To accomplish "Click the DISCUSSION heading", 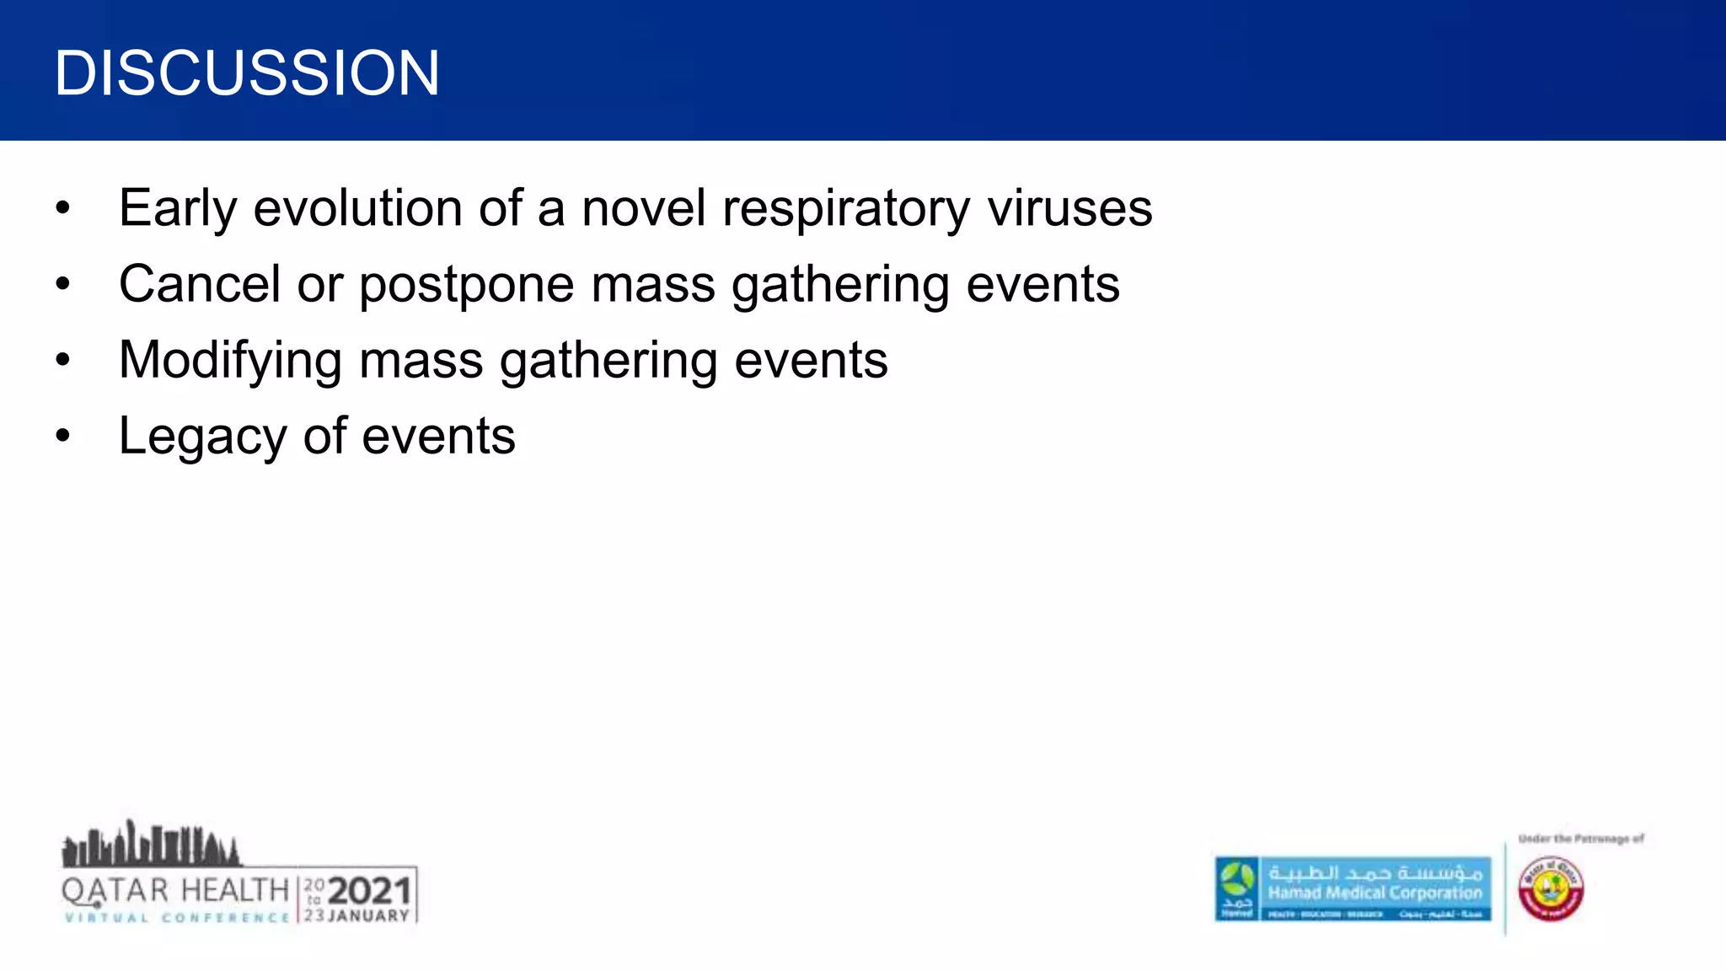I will coord(246,73).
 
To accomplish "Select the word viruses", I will coord(1069,208).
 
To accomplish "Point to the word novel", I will coord(643,208).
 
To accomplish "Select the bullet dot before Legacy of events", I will coord(63,437).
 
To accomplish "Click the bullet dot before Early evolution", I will coord(63,208).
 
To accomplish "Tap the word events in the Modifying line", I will coord(811,361).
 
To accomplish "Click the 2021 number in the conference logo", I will coord(369,891).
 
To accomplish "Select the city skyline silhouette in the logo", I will coord(150,845).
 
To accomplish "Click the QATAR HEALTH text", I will coord(175,890).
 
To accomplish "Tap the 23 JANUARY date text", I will coord(356,916).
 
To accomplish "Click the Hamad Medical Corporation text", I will coord(1375,893).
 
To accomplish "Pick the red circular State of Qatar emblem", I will coord(1551,889).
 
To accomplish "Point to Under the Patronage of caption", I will coord(1581,839).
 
